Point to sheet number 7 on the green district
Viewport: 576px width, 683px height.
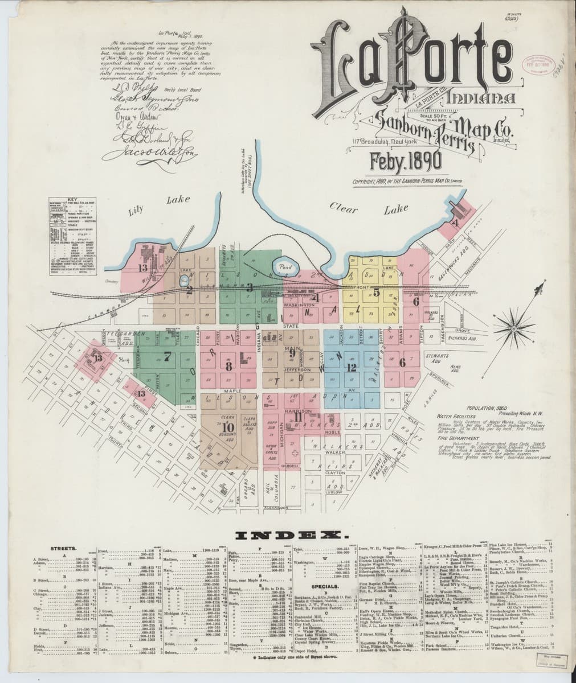click(x=167, y=357)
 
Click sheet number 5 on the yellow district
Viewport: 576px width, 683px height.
click(x=377, y=292)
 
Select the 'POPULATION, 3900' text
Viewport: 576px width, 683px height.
click(x=488, y=409)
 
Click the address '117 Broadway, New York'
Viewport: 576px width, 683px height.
click(x=377, y=141)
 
